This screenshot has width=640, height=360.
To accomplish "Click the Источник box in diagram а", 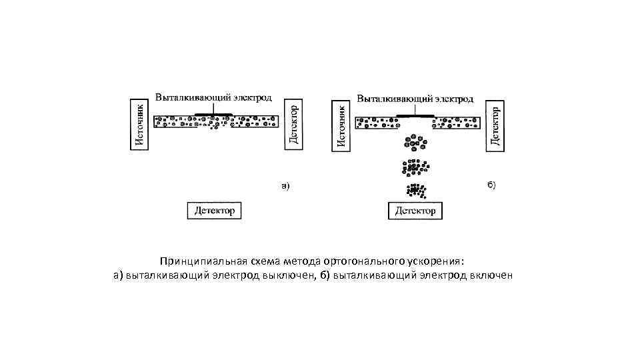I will (138, 125).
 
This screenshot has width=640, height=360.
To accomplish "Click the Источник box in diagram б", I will (340, 125).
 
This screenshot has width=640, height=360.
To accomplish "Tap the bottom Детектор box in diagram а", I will (214, 211).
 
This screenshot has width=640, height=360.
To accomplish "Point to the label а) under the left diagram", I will (285, 186).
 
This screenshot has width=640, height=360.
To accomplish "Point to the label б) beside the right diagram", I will (490, 185).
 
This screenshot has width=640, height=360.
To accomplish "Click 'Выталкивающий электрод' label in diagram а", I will (213, 97).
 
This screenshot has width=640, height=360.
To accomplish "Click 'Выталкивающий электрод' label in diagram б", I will (415, 99).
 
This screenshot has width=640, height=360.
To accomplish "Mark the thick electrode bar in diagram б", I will (415, 115).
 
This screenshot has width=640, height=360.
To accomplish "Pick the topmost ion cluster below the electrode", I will (415, 142).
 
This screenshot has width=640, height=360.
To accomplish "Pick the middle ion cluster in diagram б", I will (415, 166).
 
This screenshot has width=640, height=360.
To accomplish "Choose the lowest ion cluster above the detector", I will (415, 190).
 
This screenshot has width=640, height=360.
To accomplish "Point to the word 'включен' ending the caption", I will (491, 275).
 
